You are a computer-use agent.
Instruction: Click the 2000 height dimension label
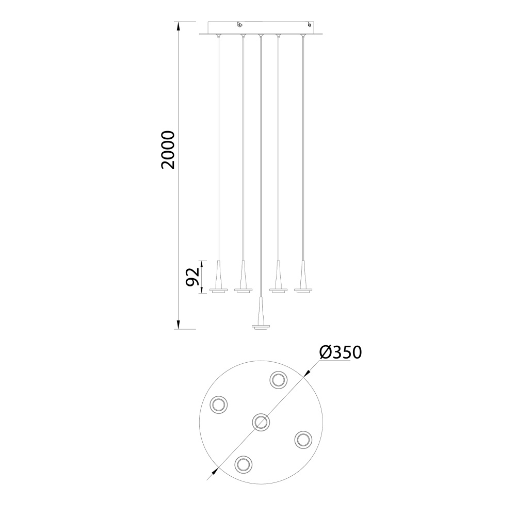pos(168,150)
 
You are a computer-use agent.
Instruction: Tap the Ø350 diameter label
pos(340,352)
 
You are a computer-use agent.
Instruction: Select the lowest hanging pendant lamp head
pos(261,320)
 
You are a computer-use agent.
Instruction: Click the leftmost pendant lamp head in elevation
pos(219,281)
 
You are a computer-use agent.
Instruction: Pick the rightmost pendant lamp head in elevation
pos(303,281)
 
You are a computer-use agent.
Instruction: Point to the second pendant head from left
pos(243,281)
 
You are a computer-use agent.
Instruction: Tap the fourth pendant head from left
pos(279,281)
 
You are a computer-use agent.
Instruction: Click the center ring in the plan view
pos(261,422)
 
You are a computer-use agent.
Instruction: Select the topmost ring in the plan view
pos(279,380)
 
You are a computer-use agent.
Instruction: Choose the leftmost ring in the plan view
pos(219,404)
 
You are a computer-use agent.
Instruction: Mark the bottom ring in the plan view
pos(243,464)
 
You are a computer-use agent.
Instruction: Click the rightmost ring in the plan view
pos(303,440)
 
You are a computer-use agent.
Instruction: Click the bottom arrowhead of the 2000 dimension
pos(179,325)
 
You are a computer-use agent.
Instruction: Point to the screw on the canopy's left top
pos(239,24)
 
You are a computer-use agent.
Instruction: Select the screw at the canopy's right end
pos(309,24)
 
